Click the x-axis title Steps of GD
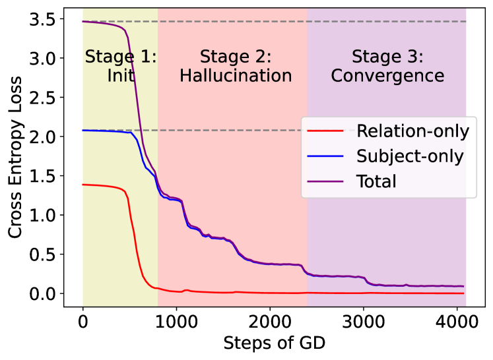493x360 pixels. [x=274, y=344]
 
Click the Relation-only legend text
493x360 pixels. [x=412, y=131]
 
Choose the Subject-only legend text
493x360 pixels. [x=410, y=156]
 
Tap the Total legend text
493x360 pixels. [x=376, y=181]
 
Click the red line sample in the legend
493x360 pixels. [x=326, y=131]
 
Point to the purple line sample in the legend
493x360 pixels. [x=326, y=181]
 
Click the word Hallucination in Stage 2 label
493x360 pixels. [x=236, y=76]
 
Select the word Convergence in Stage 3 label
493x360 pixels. [x=387, y=76]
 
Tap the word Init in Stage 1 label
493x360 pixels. [x=121, y=76]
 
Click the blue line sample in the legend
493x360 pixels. [x=326, y=156]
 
